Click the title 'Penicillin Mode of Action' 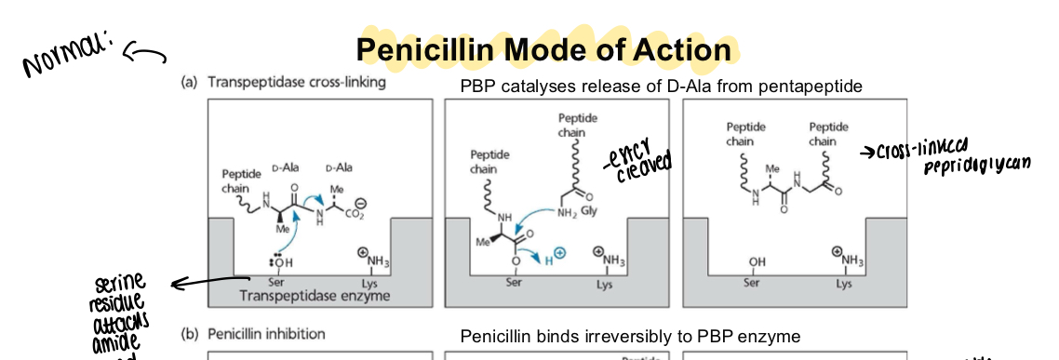coord(543,50)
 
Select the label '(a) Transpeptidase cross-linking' coord(283,82)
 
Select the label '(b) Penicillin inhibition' coord(252,333)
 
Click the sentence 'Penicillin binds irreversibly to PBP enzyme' coord(630,336)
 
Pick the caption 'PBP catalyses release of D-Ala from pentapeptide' coord(662,87)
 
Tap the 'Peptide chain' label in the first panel coord(236,180)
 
